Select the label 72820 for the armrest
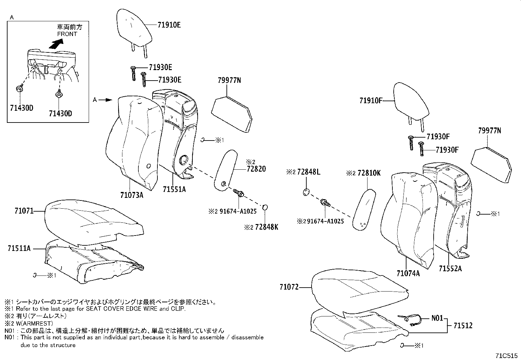(257, 169)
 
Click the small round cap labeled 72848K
(265, 207)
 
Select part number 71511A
(19, 249)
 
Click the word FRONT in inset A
(67, 34)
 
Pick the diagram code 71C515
(507, 355)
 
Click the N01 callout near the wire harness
(437, 318)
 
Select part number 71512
(463, 326)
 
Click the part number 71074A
(408, 273)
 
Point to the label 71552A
(451, 269)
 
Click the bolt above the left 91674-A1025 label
(239, 194)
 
